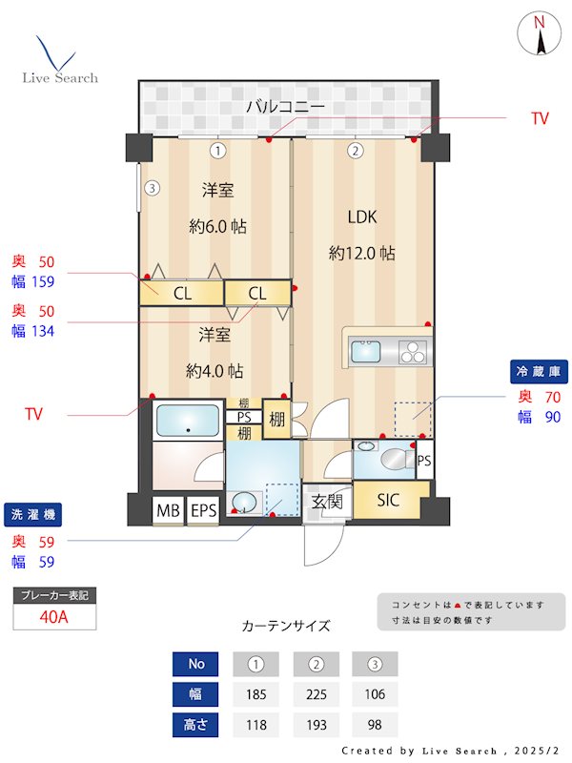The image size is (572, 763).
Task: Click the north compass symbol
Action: point(540,35)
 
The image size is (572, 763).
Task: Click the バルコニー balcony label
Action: point(285,106)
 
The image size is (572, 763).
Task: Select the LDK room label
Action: point(361,217)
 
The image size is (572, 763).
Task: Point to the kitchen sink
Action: point(368,352)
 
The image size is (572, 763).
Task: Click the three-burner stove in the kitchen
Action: point(414,352)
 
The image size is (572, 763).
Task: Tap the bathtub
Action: point(187,420)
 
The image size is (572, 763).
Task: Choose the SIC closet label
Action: point(388,500)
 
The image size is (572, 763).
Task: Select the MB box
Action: point(168,511)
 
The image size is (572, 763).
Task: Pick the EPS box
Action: point(202,511)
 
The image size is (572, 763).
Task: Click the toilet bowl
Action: point(390,460)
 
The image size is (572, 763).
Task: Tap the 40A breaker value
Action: point(54,616)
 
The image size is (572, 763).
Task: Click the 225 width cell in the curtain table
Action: point(317,694)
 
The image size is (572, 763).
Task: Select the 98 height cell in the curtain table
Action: point(375,725)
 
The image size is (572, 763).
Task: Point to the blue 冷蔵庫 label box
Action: point(538,370)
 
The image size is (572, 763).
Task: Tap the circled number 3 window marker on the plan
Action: point(152,188)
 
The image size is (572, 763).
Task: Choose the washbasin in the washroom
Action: point(246,502)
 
